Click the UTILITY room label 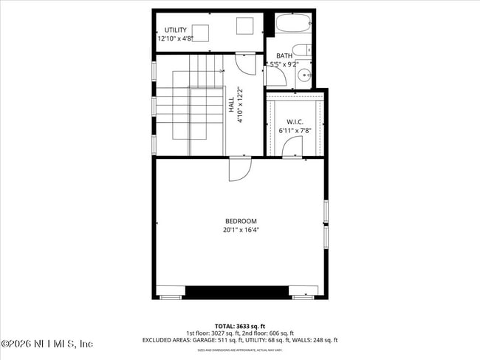coord(176,30)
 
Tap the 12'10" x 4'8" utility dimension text coord(176,38)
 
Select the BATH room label coord(284,56)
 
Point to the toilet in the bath coord(302,52)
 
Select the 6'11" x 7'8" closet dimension coord(295,130)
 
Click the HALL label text coord(231,104)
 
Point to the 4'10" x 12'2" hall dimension coord(240,104)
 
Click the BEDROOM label coord(241,221)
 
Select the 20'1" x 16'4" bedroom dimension coord(241,230)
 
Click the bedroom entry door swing coord(238,170)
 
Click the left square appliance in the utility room coord(199,33)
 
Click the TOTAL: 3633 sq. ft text coord(240,325)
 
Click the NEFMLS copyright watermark coord(47,344)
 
